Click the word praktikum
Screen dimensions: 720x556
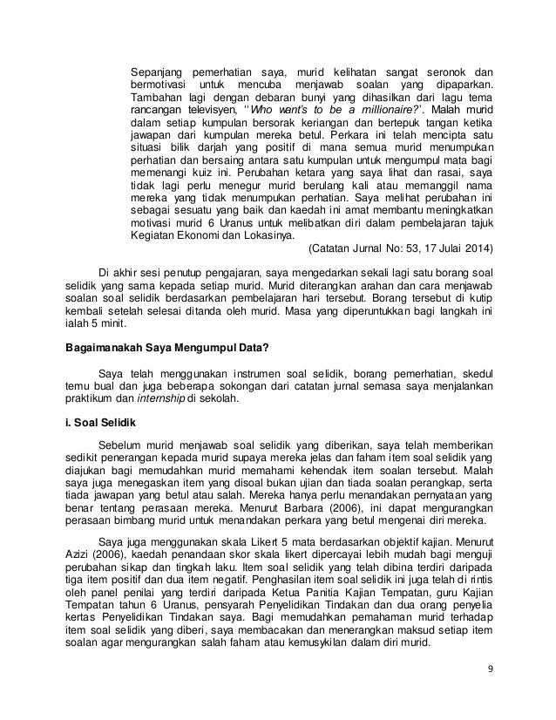pos(89,401)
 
